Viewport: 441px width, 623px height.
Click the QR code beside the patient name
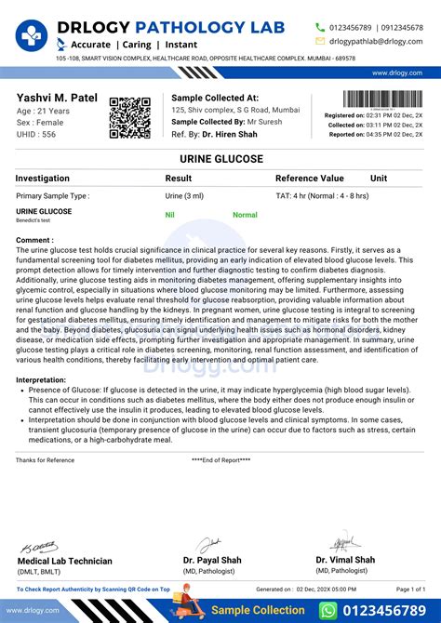[129, 117]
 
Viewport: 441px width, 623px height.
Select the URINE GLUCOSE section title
[220, 160]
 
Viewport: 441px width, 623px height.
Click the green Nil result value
[170, 215]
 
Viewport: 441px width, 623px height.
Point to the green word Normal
[245, 215]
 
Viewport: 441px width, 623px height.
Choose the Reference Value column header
[309, 178]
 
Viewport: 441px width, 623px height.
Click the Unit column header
[379, 178]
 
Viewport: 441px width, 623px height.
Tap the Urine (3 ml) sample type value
[184, 196]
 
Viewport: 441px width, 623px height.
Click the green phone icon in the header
[321, 27]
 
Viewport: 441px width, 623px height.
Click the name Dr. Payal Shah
[212, 560]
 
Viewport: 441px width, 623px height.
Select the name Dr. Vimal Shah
[345, 560]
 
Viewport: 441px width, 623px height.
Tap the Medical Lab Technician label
[65, 561]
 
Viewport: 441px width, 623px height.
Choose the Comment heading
[34, 240]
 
